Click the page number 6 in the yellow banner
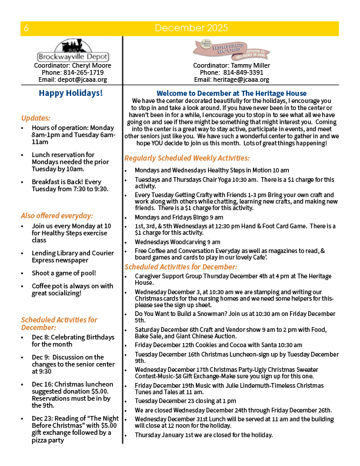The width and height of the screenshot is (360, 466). coord(27,28)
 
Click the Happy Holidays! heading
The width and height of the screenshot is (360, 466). coord(71,93)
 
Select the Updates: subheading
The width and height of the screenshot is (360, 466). coord(36,118)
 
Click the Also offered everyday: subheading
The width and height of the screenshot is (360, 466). coord(56,215)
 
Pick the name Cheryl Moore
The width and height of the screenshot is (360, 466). coord(91,65)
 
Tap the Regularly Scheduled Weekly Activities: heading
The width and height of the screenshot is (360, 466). coord(186,158)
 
